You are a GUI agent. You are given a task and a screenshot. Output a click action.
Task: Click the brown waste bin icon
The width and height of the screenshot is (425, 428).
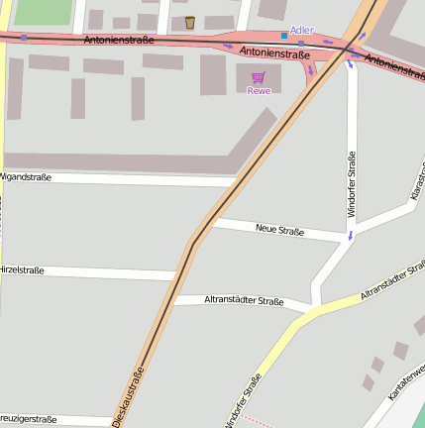pos(189,22)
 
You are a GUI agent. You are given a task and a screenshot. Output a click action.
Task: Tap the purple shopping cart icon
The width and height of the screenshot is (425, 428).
pos(259,77)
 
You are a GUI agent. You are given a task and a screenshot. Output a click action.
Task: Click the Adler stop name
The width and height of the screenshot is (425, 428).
pos(301,31)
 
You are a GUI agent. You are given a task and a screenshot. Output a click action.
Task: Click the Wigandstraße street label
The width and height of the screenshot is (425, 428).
pos(26,176)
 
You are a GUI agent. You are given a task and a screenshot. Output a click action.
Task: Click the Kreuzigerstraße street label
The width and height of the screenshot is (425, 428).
pos(29,419)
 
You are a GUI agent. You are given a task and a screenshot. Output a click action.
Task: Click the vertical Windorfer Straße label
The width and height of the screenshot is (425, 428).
pos(351,185)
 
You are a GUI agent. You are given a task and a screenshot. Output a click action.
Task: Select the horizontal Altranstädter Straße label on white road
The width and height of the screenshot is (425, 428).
pos(244,300)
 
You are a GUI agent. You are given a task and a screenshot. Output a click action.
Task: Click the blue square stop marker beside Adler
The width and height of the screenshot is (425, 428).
pos(284,35)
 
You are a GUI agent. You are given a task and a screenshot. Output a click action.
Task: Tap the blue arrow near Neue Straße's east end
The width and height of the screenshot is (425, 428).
pos(349,236)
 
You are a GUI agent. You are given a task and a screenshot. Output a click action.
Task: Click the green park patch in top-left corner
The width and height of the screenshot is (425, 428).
pos(43,11)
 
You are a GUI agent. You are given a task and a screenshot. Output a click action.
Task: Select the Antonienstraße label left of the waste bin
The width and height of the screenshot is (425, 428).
pos(119,41)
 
